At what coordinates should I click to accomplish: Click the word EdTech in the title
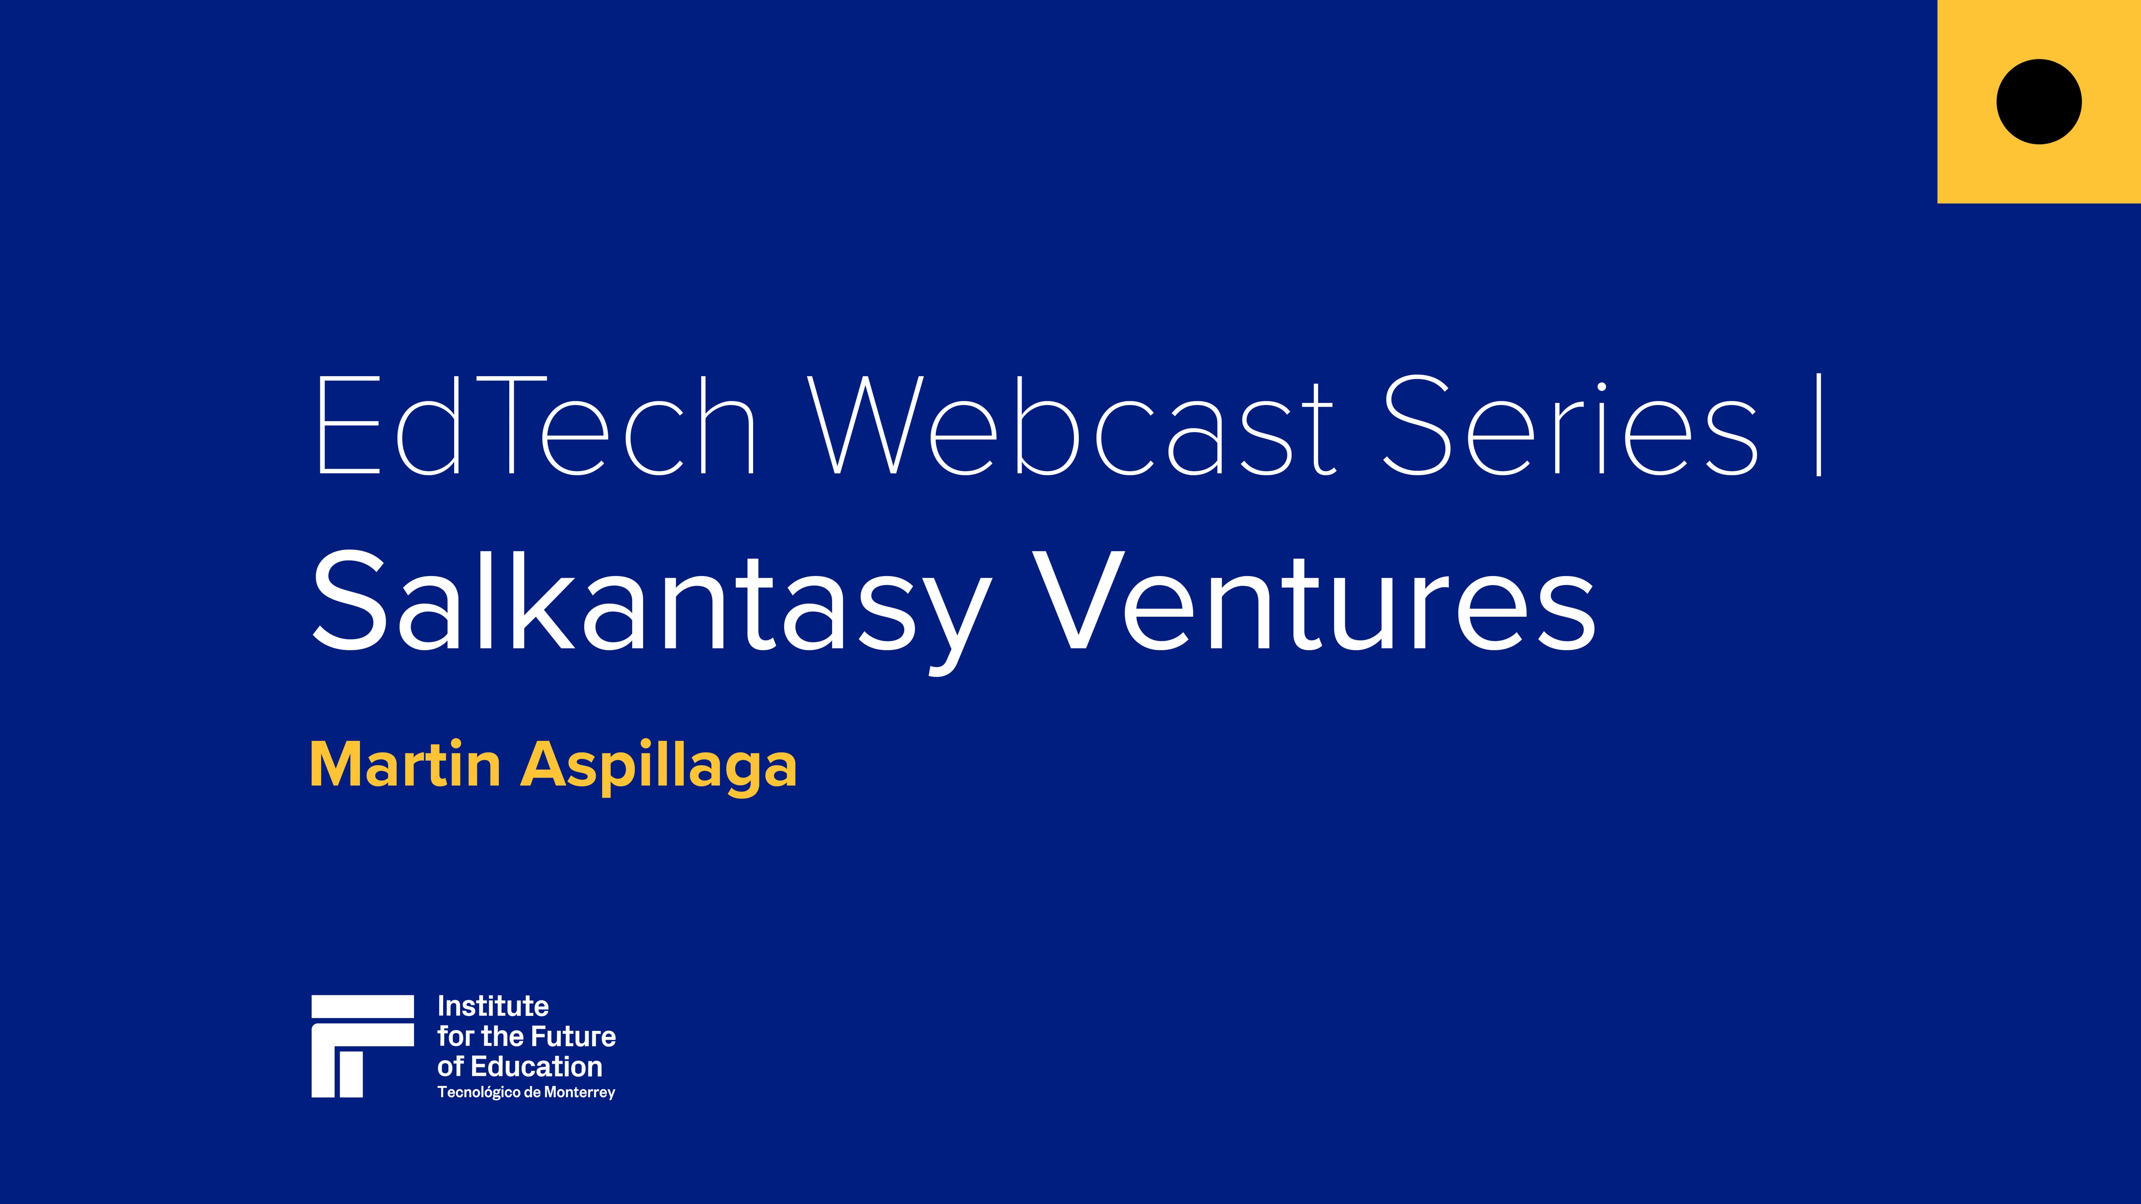coord(536,426)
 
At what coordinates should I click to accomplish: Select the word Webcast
coord(1072,426)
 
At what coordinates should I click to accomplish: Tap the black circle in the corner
coord(2039,101)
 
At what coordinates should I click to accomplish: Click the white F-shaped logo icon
coord(363,1046)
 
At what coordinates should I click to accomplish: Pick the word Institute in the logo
coord(493,1006)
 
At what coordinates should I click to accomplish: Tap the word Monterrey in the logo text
coord(579,1093)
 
